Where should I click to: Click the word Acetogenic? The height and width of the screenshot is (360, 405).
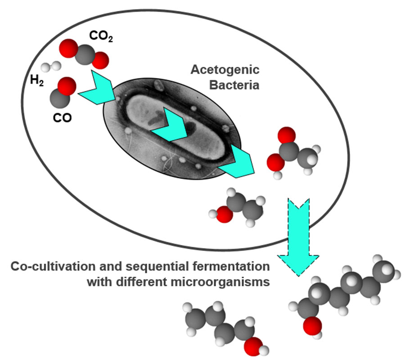coord(225,70)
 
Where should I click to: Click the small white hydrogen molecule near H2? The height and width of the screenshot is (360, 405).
coord(51,67)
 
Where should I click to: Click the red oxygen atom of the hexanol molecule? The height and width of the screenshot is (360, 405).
coord(310,326)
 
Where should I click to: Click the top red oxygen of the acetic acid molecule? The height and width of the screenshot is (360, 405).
coord(286,135)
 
